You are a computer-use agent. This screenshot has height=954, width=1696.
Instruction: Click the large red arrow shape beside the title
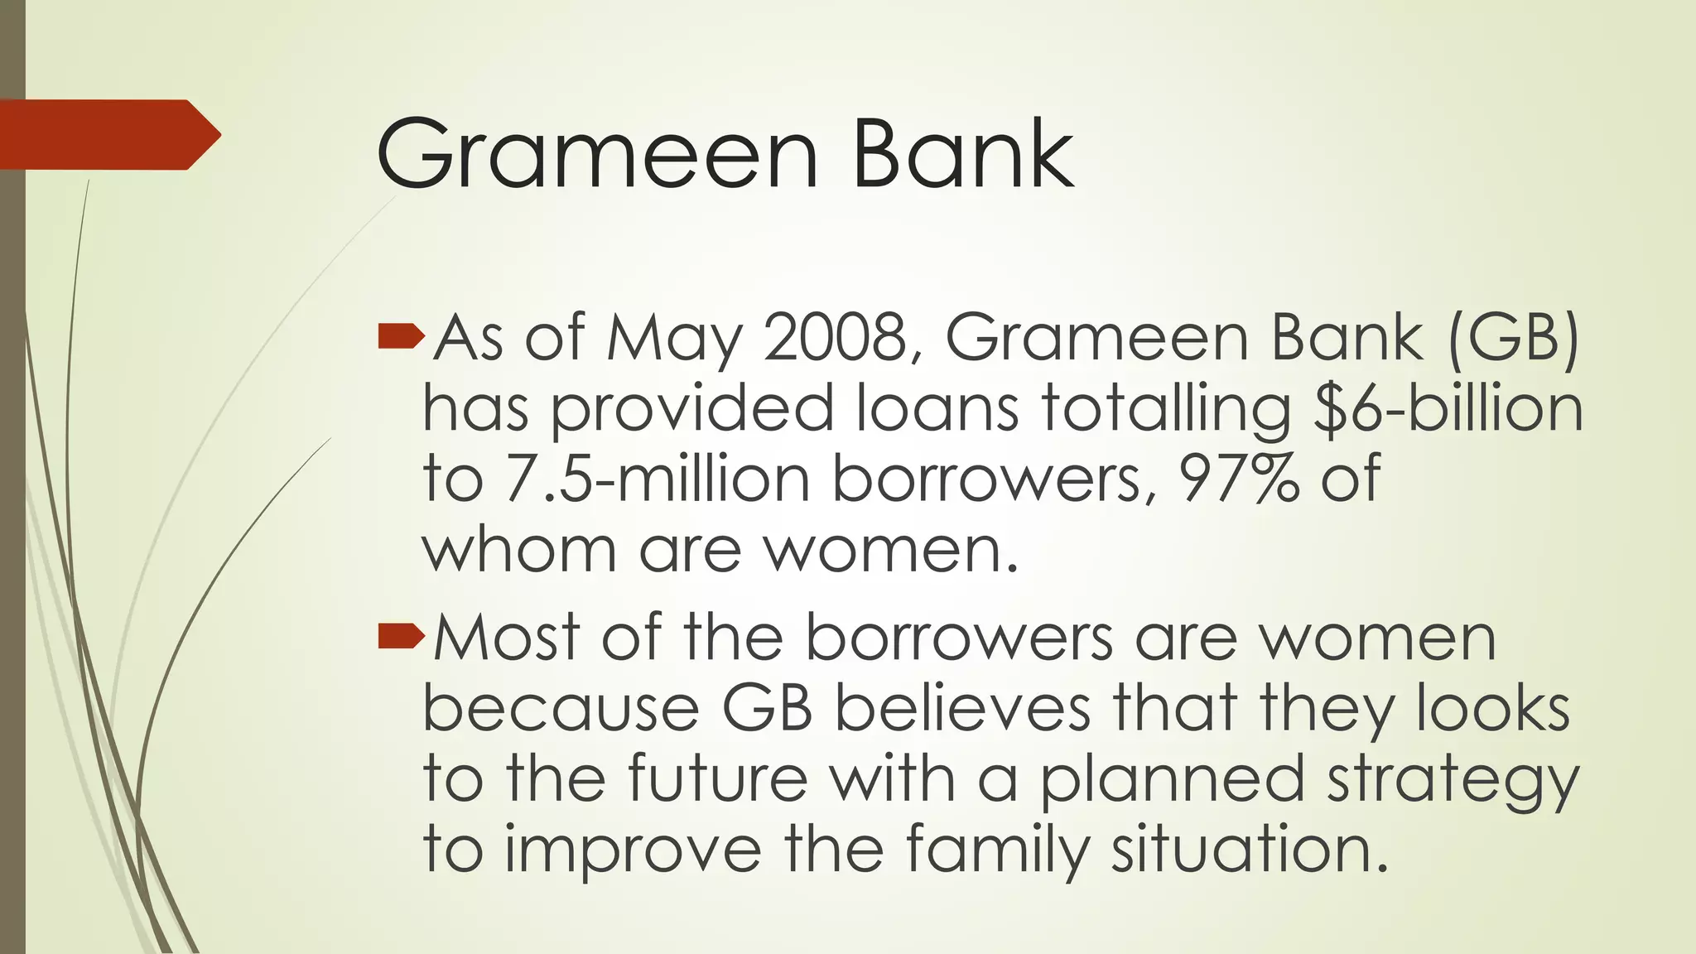pyautogui.click(x=108, y=134)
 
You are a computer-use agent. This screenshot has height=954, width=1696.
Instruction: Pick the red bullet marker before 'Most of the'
pyautogui.click(x=401, y=635)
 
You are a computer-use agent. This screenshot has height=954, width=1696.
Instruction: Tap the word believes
pyautogui.click(x=961, y=708)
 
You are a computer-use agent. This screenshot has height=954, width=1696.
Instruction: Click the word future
pyautogui.click(x=717, y=778)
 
